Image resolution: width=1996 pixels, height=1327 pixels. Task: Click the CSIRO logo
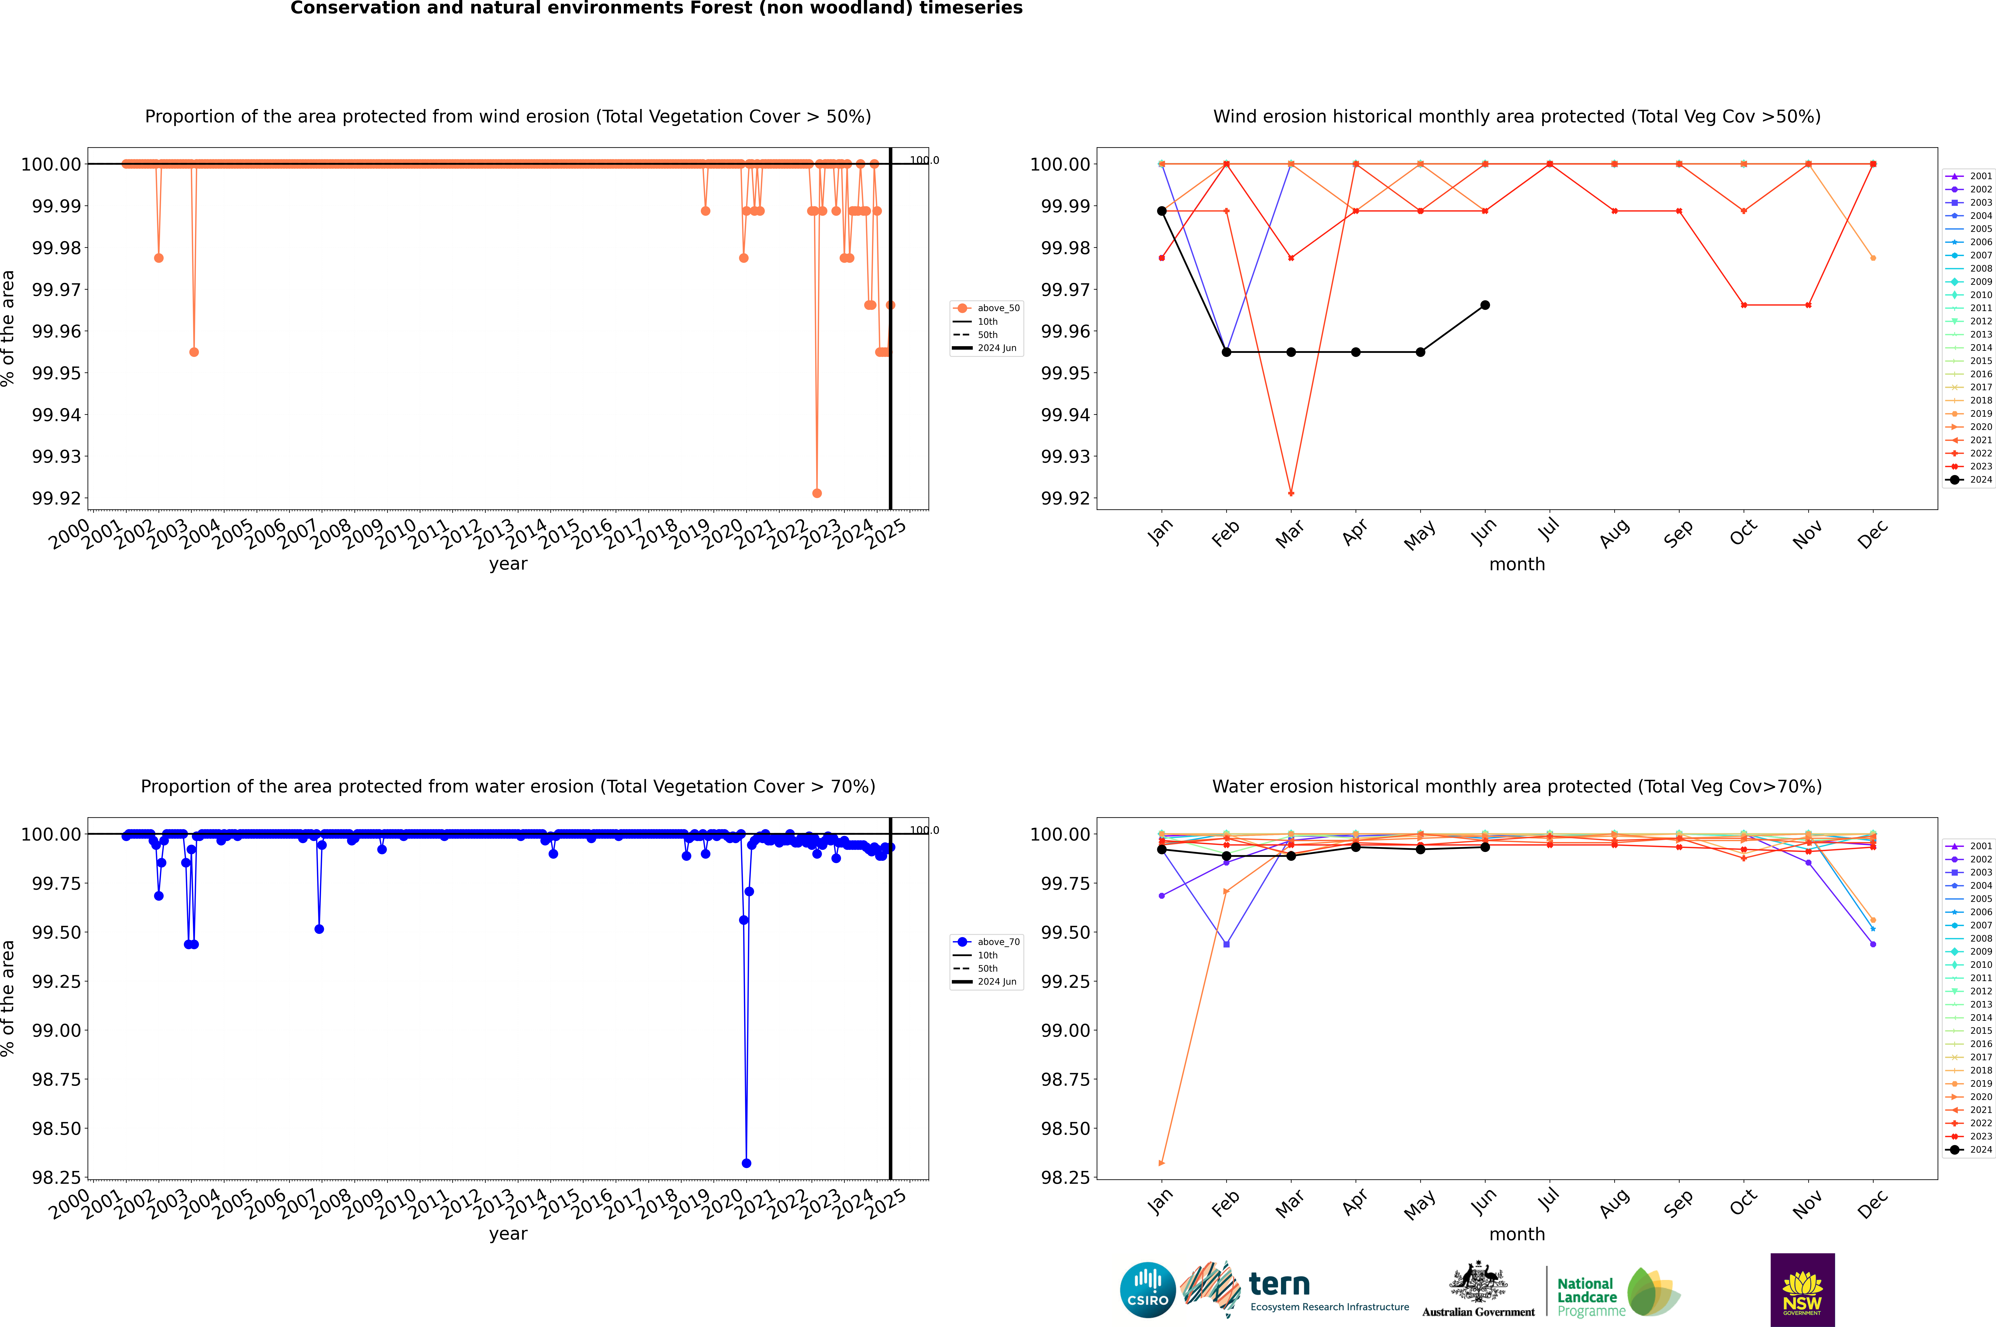tap(1147, 1290)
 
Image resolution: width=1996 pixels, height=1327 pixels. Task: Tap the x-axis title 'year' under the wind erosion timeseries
tap(508, 564)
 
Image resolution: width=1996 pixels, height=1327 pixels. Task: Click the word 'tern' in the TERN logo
tap(1279, 1285)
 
